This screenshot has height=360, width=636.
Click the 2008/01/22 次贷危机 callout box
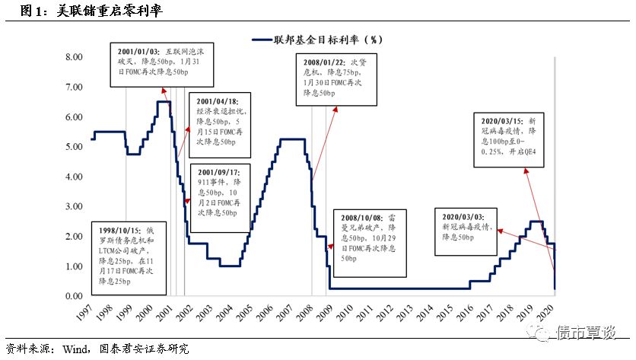[336, 76]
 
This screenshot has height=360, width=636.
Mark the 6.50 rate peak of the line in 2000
[162, 102]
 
